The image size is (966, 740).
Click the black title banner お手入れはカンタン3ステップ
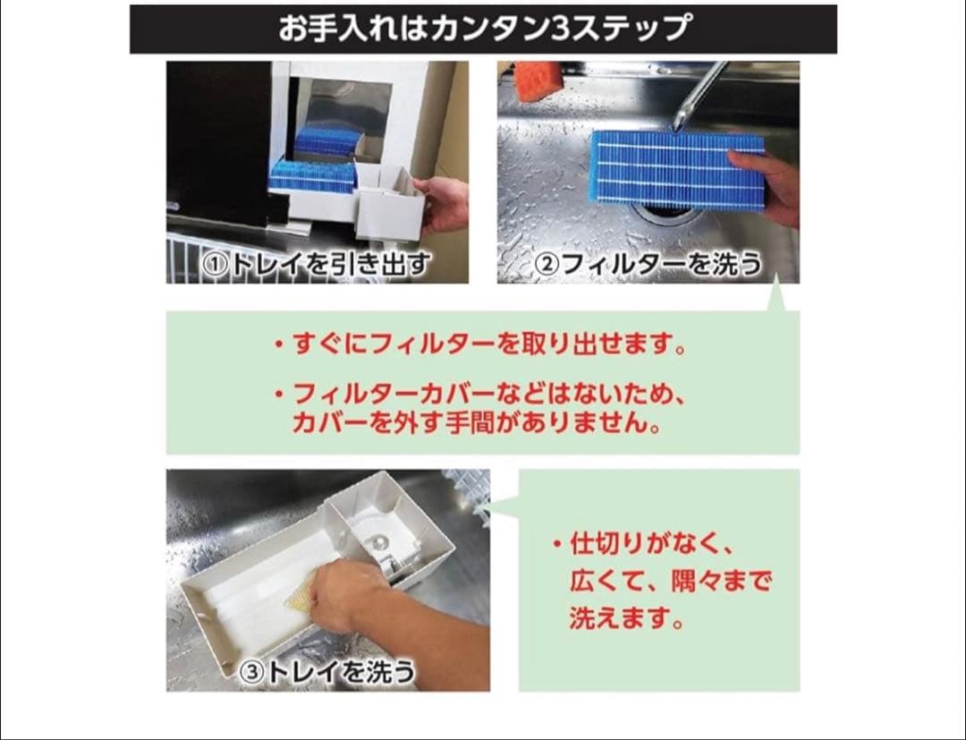coord(483,29)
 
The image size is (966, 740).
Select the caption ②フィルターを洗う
coord(648,264)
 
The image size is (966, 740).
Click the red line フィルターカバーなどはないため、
coord(482,394)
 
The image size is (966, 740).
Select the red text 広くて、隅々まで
coord(670,582)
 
